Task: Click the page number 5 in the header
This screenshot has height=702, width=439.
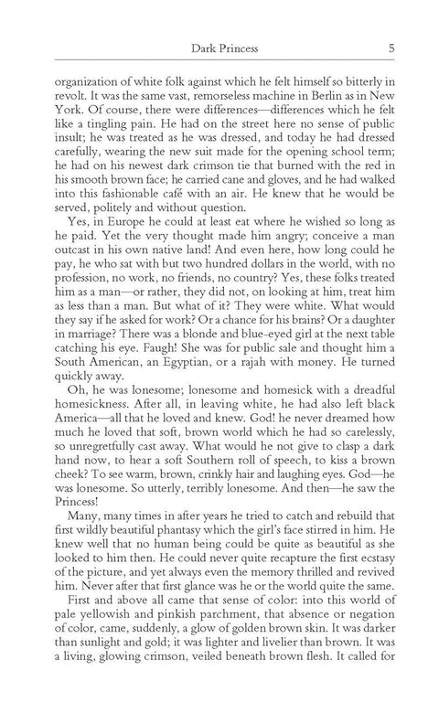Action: click(x=391, y=50)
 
